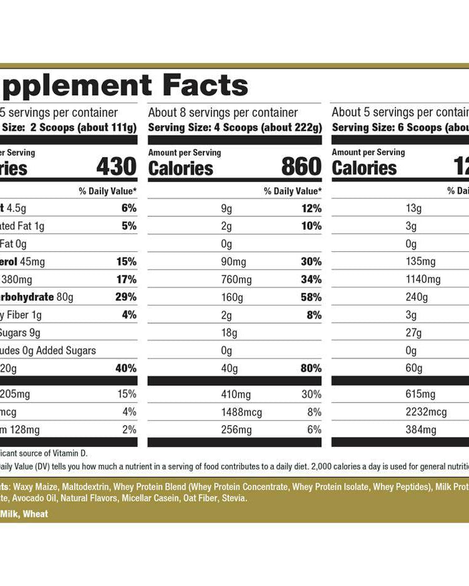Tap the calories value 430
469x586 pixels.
(x=116, y=167)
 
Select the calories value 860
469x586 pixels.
(x=301, y=167)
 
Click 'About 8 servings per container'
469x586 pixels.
(x=223, y=113)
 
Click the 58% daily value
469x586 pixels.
(x=311, y=297)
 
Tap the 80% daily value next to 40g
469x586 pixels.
(x=311, y=368)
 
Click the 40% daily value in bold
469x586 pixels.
(x=125, y=368)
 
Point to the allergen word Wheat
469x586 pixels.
(x=35, y=514)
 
